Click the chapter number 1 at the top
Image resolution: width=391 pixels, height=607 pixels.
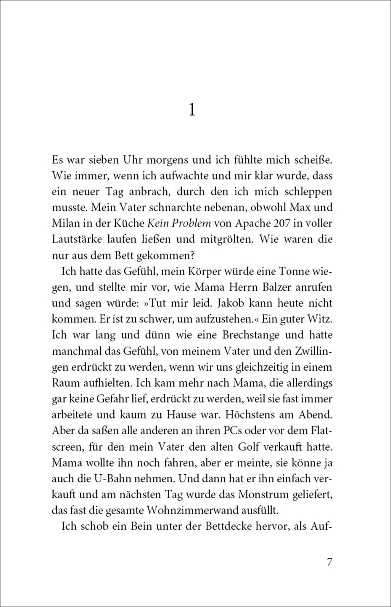[x=192, y=110]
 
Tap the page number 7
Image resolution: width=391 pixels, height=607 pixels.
[x=330, y=562]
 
